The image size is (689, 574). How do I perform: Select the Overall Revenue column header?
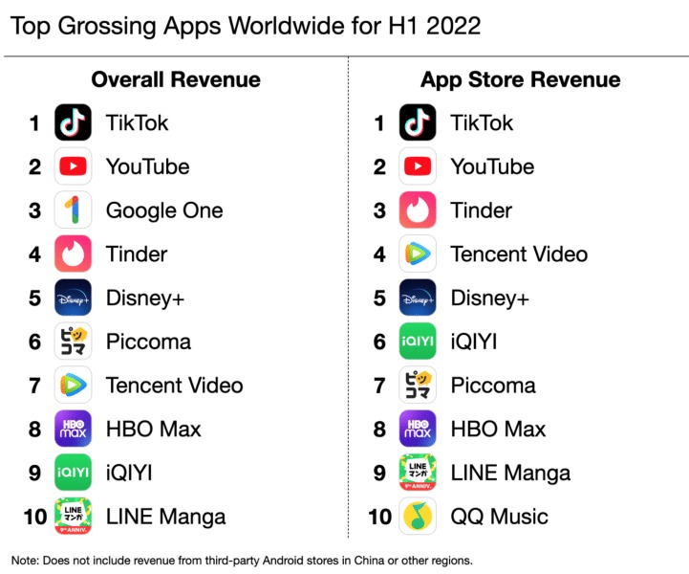pyautogui.click(x=176, y=79)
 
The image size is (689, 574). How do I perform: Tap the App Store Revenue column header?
pyautogui.click(x=520, y=79)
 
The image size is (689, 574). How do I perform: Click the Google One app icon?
pyautogui.click(x=73, y=210)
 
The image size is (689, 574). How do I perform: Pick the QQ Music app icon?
pyautogui.click(x=418, y=517)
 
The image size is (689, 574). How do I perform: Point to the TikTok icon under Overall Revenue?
pyautogui.click(x=73, y=122)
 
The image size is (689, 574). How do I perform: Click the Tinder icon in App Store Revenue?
pyautogui.click(x=418, y=210)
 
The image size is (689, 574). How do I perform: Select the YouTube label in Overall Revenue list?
pyautogui.click(x=147, y=166)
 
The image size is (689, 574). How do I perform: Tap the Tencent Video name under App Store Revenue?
pyautogui.click(x=519, y=254)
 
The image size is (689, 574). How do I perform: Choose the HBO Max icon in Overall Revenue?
pyautogui.click(x=73, y=429)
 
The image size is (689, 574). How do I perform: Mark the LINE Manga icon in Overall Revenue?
pyautogui.click(x=73, y=517)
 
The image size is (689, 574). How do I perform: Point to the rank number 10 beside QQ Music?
pyautogui.click(x=379, y=517)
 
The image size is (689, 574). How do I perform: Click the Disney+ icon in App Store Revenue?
pyautogui.click(x=418, y=298)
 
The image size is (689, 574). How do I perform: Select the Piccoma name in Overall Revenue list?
pyautogui.click(x=148, y=342)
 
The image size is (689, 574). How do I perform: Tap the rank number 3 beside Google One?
pyautogui.click(x=35, y=210)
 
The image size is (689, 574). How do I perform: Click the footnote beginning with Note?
pyautogui.click(x=242, y=560)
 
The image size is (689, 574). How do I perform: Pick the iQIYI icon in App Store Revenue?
pyautogui.click(x=418, y=342)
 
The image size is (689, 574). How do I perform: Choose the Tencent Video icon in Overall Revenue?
pyautogui.click(x=73, y=386)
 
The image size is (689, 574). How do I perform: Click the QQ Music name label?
pyautogui.click(x=499, y=517)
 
